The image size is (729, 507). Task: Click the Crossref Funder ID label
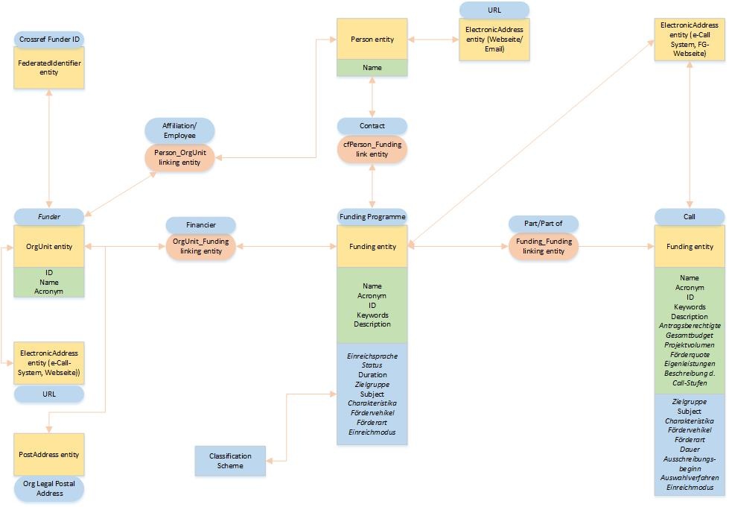49,38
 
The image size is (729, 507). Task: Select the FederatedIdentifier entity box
49,68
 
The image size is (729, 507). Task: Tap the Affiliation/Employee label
179,130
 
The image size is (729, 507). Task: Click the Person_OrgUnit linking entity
179,157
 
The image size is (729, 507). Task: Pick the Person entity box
372,40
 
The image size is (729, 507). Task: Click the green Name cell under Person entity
372,68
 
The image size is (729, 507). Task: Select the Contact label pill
372,126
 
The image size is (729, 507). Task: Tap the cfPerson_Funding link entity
372,149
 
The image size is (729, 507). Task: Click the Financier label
200,224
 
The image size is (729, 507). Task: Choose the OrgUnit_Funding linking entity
200,246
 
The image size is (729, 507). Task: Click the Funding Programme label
372,216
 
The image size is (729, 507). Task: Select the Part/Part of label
543,224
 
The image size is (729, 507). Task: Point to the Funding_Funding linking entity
543,246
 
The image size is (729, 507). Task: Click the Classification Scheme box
229,461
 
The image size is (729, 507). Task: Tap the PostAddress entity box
49,454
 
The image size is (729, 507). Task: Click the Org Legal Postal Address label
49,488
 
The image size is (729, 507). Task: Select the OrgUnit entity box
49,246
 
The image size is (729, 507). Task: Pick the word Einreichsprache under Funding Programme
372,356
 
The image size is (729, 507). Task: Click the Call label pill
689,216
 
